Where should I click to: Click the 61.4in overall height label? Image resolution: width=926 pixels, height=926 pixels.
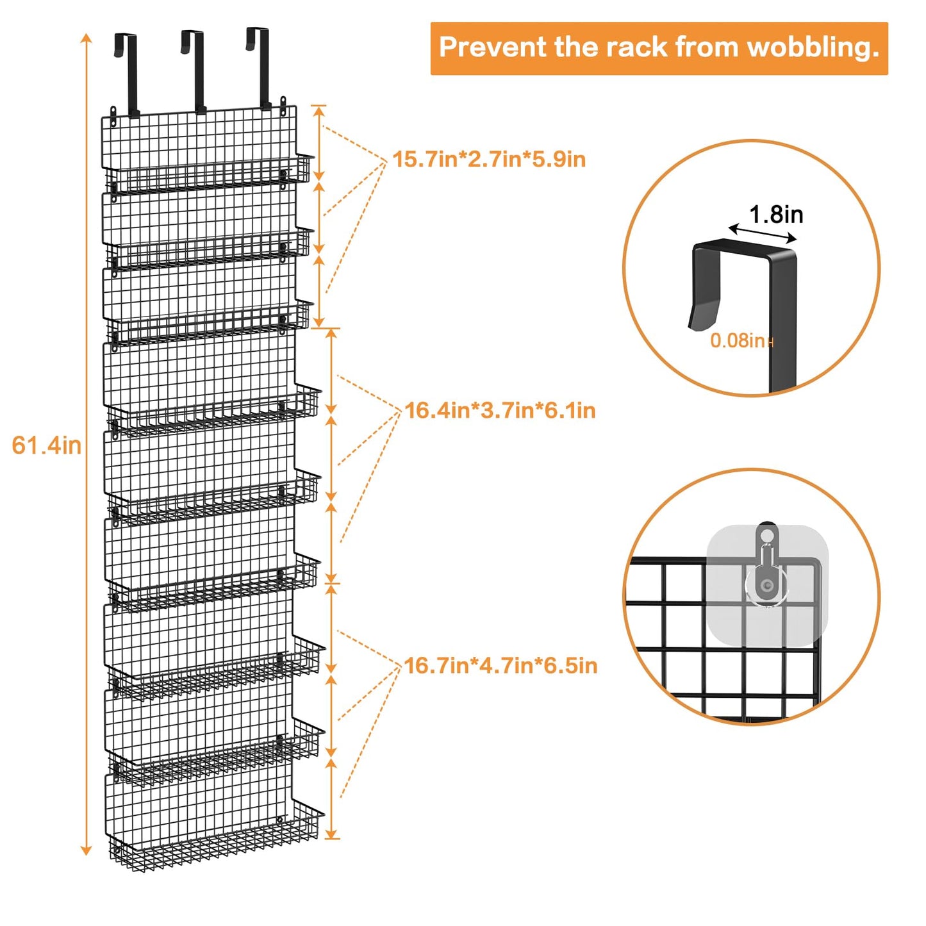click(47, 445)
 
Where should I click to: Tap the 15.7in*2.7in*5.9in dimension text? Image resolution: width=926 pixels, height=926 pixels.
click(489, 159)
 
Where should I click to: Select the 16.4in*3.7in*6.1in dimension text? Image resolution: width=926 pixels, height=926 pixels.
click(500, 410)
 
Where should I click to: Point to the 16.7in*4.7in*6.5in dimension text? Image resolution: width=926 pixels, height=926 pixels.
click(500, 666)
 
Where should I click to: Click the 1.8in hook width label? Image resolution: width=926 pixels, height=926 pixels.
click(776, 215)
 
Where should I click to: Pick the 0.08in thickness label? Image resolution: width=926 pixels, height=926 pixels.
click(738, 340)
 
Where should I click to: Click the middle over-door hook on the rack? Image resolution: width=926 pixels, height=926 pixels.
click(194, 70)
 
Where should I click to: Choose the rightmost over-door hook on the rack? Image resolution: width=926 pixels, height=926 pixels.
click(260, 67)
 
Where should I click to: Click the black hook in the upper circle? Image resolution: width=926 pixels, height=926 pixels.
click(743, 288)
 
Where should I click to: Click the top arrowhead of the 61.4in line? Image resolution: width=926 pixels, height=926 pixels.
click(86, 38)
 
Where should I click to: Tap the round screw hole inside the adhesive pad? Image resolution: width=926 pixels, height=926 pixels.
click(766, 584)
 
